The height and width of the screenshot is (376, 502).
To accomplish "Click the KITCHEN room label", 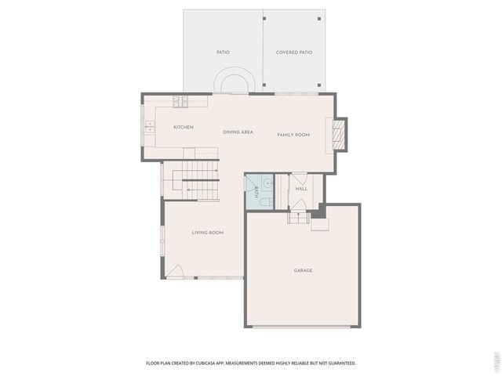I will pyautogui.click(x=184, y=127).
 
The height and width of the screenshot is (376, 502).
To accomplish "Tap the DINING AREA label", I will pyautogui.click(x=238, y=132).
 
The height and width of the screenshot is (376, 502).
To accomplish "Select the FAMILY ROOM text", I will pyautogui.click(x=293, y=135).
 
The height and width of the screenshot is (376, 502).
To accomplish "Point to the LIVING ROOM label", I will pyautogui.click(x=208, y=233).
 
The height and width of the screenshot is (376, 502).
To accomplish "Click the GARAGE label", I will pyautogui.click(x=303, y=270).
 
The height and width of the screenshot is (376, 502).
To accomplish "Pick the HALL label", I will pyautogui.click(x=301, y=189).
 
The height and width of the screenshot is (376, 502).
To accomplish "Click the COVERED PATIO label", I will pyautogui.click(x=294, y=52).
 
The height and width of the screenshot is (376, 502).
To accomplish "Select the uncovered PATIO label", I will pyautogui.click(x=223, y=52).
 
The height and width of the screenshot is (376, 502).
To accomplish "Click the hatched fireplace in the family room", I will pyautogui.click(x=338, y=134).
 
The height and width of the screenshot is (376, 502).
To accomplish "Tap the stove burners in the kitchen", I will pyautogui.click(x=181, y=100).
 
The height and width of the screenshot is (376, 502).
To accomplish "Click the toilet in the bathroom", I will pyautogui.click(x=265, y=202).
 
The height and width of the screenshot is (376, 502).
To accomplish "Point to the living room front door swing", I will pyautogui.click(x=175, y=272).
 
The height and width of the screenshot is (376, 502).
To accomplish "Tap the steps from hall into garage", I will pyautogui.click(x=298, y=216).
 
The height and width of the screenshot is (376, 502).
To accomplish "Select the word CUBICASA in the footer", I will pyautogui.click(x=216, y=363).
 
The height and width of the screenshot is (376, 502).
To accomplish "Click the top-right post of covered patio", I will pyautogui.click(x=318, y=18).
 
